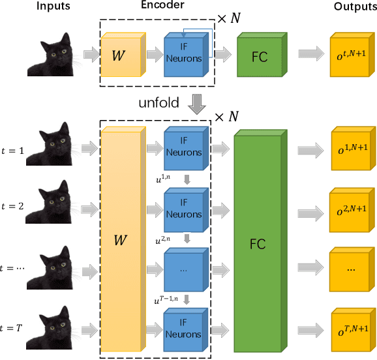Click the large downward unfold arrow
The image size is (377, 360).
196,103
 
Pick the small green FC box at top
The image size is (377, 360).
260,55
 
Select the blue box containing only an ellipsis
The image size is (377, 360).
184,269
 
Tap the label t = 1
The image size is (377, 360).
13,149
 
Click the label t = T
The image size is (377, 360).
14,329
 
